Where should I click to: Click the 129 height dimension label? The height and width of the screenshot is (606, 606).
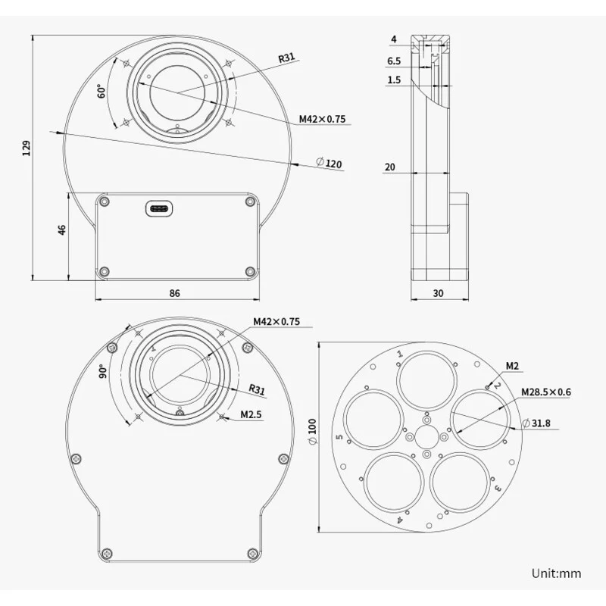pyautogui.click(x=27, y=148)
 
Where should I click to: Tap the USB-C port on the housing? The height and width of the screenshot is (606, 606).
pyautogui.click(x=159, y=209)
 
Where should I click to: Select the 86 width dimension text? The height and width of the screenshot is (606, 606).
pyautogui.click(x=175, y=293)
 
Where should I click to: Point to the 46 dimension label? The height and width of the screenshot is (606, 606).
pyautogui.click(x=62, y=230)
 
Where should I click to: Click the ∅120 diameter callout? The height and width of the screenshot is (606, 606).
pyautogui.click(x=330, y=163)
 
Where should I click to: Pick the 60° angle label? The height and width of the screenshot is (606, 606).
pyautogui.click(x=102, y=91)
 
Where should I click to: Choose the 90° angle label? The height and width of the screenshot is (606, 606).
pyautogui.click(x=103, y=370)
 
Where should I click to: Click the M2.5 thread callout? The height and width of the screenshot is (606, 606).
pyautogui.click(x=251, y=414)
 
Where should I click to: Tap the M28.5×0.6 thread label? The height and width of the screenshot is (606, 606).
pyautogui.click(x=545, y=392)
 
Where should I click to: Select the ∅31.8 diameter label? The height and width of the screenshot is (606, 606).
pyautogui.click(x=536, y=423)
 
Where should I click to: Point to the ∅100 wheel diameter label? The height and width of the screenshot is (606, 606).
pyautogui.click(x=312, y=431)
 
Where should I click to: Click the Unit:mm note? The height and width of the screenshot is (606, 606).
pyautogui.click(x=556, y=573)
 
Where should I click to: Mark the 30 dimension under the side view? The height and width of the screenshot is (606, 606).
pyautogui.click(x=438, y=293)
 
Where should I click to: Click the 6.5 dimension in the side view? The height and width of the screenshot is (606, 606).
pyautogui.click(x=394, y=61)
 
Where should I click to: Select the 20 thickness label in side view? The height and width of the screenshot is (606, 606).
pyautogui.click(x=390, y=167)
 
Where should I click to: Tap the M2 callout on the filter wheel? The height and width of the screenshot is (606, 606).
pyautogui.click(x=512, y=366)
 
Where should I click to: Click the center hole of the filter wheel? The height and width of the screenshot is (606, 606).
pyautogui.click(x=426, y=437)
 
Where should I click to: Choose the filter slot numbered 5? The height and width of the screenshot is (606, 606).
pyautogui.click(x=373, y=420)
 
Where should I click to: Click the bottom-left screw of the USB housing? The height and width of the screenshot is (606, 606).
pyautogui.click(x=104, y=271)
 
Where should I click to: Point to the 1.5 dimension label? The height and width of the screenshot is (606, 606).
pyautogui.click(x=394, y=80)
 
